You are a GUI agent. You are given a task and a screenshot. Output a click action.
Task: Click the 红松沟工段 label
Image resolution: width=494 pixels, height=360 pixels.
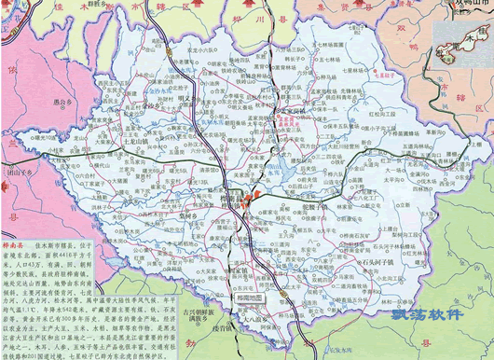point(383,113)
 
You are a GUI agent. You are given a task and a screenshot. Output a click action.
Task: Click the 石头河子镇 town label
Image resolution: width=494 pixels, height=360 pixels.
point(381,263)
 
